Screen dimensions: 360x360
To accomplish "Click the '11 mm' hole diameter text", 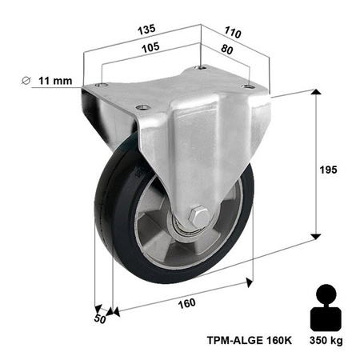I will [x=54, y=79].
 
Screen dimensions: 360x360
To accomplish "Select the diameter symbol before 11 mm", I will [x=26, y=79].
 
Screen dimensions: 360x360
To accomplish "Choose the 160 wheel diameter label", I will [x=185, y=302].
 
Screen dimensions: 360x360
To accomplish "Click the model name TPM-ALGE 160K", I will [x=249, y=339].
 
